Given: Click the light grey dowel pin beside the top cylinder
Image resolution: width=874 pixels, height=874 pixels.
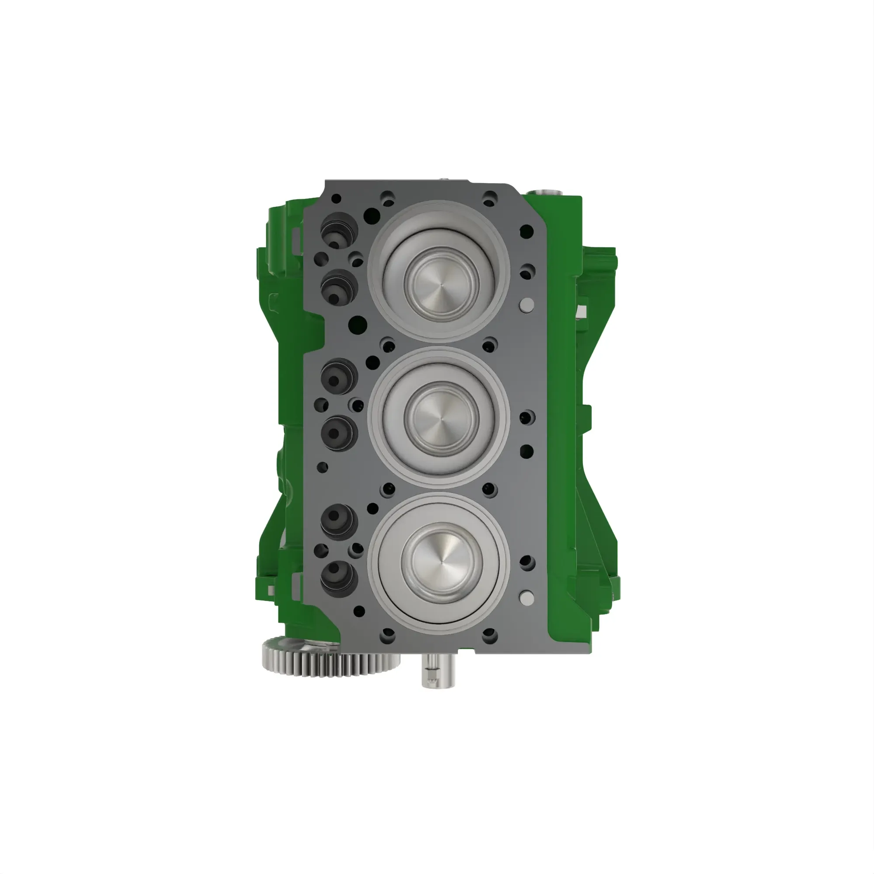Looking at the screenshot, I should (x=527, y=304).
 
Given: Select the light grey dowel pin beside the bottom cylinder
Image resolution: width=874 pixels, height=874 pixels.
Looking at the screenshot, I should (x=527, y=597).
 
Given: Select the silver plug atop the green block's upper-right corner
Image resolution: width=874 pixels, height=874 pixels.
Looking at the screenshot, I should (x=548, y=191).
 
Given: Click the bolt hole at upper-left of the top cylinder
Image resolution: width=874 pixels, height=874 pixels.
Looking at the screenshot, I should (x=388, y=198).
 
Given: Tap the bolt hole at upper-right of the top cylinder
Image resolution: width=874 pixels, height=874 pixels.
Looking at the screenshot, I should (x=490, y=198).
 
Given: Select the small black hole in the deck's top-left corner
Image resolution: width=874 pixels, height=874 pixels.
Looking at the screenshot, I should (x=336, y=198).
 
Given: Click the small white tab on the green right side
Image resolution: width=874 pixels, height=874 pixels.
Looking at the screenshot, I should (x=582, y=310).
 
